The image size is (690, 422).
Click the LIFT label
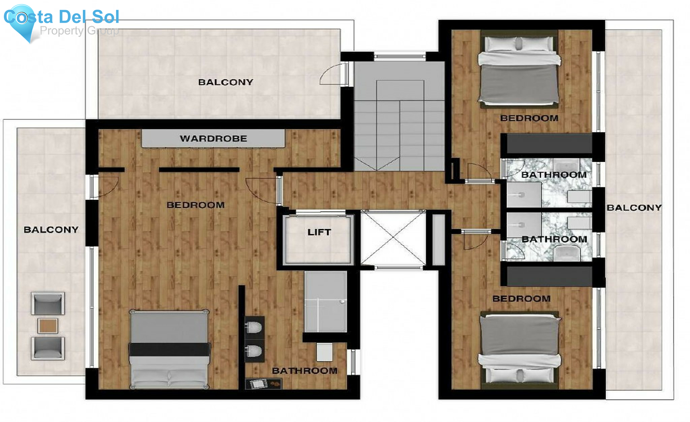tap(319, 232)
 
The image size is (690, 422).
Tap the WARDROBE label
tap(214, 138)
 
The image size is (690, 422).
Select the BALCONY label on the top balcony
tap(225, 82)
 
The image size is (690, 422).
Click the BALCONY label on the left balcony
tap(51, 230)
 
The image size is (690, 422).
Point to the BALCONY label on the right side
tap(634, 208)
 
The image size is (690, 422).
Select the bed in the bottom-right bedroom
tap(519, 347)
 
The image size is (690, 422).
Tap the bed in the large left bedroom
tap(169, 349)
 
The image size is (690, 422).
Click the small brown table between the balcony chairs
tap(48, 326)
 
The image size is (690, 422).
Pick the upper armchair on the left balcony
tap(48, 304)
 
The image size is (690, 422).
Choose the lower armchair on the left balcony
tap(48, 348)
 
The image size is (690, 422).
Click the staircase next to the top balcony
tap(399, 123)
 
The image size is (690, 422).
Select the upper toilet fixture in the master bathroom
tap(254, 328)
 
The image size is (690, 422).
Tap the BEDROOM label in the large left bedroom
tap(195, 205)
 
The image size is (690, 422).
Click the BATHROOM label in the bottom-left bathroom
tap(305, 371)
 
